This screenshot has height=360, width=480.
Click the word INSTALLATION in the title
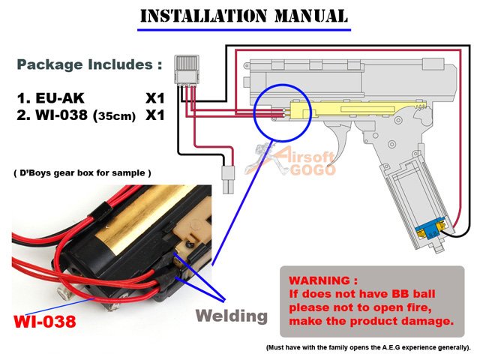(197, 16)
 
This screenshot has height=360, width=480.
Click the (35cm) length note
(111, 118)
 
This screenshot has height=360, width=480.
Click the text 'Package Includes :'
(89, 64)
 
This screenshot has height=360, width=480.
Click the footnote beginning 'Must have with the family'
(368, 348)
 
